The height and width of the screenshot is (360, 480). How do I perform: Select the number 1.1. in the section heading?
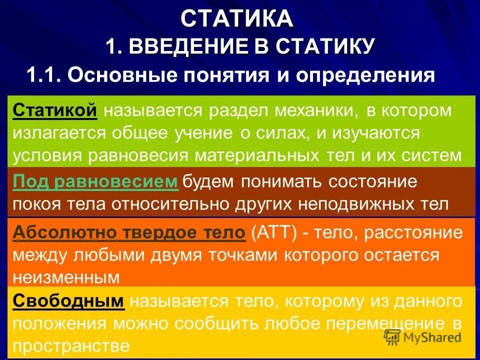pos(44,75)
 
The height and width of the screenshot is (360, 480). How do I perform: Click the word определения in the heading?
pos(366,75)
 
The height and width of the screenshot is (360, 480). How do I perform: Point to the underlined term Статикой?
pos(55,110)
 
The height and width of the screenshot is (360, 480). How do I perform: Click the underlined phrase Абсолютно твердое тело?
pos(129,232)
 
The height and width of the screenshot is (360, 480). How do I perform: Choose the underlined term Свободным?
pos(68,301)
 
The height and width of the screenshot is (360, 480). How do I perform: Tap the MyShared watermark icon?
pos(392,336)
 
